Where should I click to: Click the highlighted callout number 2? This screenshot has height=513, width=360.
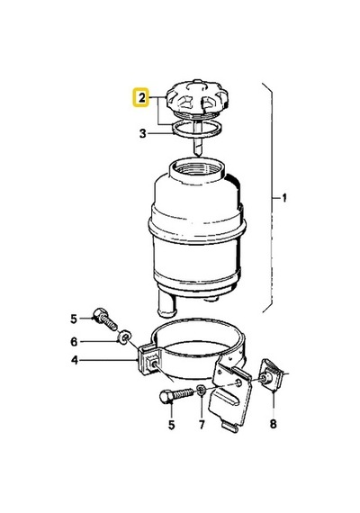pos(141,97)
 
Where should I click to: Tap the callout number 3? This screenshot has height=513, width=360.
pos(143,133)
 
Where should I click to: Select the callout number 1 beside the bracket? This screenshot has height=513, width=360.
pos(284,198)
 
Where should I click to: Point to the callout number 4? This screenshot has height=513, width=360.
pos(75,360)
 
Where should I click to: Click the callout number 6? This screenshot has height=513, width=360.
pos(74,342)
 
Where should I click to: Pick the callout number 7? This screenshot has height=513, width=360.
pos(202,424)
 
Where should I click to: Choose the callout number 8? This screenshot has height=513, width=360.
pos(274,424)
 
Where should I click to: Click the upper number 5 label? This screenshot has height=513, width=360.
pos(74,319)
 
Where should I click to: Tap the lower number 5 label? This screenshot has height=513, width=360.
pos(172,425)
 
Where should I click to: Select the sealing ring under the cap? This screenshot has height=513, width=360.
pos(197,129)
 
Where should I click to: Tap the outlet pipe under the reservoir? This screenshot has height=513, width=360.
pos(167,305)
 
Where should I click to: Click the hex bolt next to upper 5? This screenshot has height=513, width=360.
pos(104,319)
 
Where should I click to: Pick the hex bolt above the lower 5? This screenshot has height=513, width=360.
pos(176,394)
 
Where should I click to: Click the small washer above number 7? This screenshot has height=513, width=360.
pos(202,390)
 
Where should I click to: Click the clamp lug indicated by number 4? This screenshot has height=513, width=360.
pos(149,361)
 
